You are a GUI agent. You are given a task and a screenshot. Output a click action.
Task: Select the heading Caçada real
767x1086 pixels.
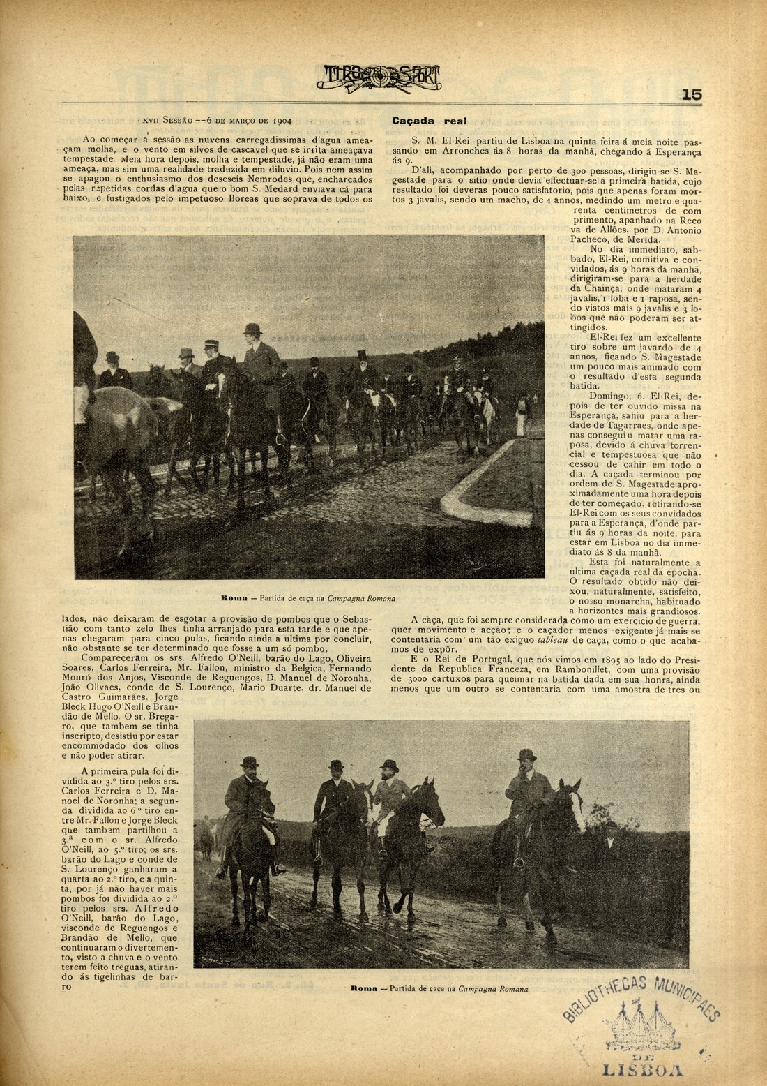point(429,121)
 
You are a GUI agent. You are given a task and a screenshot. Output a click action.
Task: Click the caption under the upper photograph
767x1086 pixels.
point(308,598)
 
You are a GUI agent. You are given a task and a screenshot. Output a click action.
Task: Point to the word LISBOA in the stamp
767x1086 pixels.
point(641,1070)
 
